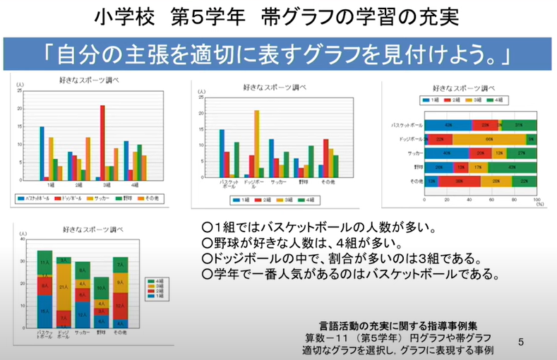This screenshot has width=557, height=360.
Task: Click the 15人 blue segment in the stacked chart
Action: [44, 311]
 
